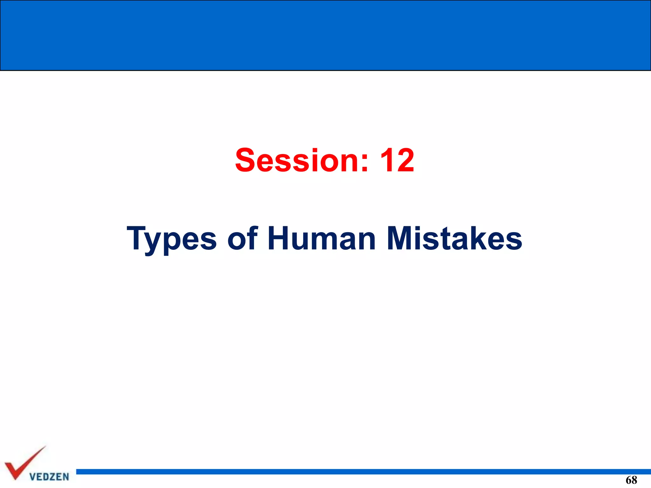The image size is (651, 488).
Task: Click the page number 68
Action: click(631, 480)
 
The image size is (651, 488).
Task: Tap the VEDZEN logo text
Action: click(49, 477)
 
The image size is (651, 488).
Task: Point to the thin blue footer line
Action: click(362, 471)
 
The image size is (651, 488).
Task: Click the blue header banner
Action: click(325, 35)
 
